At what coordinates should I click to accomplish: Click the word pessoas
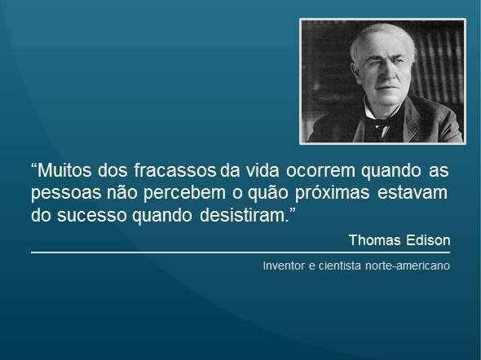tap(62, 196)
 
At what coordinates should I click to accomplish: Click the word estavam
tap(417, 196)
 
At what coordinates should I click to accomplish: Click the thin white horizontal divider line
tap(240, 253)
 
